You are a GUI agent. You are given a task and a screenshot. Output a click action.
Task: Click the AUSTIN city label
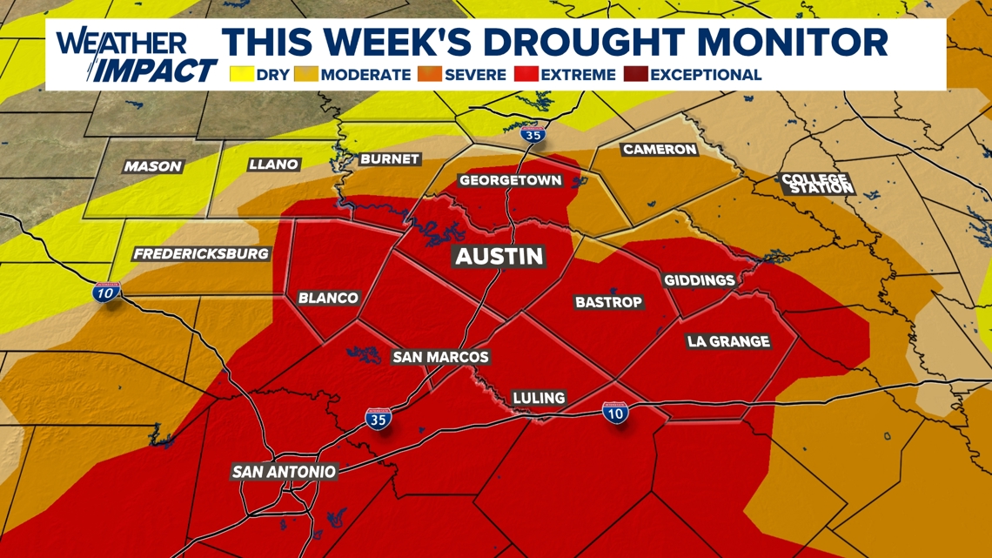pyautogui.click(x=500, y=256)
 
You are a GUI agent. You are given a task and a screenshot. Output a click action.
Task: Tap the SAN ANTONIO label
pyautogui.click(x=284, y=472)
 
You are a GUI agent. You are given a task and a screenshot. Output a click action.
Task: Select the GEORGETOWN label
pyautogui.click(x=510, y=181)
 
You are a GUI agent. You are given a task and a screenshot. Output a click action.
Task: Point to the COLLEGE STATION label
pyautogui.click(x=816, y=184)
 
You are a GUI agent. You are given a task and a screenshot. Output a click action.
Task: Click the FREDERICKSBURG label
pyautogui.click(x=201, y=254)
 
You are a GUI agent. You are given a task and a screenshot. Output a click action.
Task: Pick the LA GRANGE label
pyautogui.click(x=728, y=341)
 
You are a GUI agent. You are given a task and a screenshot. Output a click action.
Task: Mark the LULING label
pyautogui.click(x=539, y=398)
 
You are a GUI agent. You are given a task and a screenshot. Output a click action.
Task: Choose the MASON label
pyautogui.click(x=153, y=166)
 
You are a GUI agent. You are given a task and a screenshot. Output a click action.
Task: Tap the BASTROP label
pyautogui.click(x=608, y=302)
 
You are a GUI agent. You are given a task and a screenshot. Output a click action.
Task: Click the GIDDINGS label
pyautogui.click(x=700, y=280)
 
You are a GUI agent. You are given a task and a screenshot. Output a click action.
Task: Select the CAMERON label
pyautogui.click(x=660, y=150)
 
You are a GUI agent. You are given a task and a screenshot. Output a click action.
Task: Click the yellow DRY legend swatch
pyautogui.click(x=241, y=75)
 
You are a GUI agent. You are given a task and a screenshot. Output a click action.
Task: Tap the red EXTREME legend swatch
pyautogui.click(x=526, y=75)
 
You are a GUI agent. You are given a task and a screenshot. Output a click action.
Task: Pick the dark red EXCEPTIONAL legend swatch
pyautogui.click(x=634, y=75)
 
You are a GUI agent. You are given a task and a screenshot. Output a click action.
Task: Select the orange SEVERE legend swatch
pyautogui.click(x=429, y=75)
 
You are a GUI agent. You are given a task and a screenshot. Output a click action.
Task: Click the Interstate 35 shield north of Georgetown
pyautogui.click(x=533, y=134)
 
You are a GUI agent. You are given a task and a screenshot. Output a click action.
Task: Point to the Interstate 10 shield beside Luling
pyautogui.click(x=616, y=413)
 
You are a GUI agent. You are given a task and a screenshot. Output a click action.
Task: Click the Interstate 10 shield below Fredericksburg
pyautogui.click(x=106, y=292)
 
